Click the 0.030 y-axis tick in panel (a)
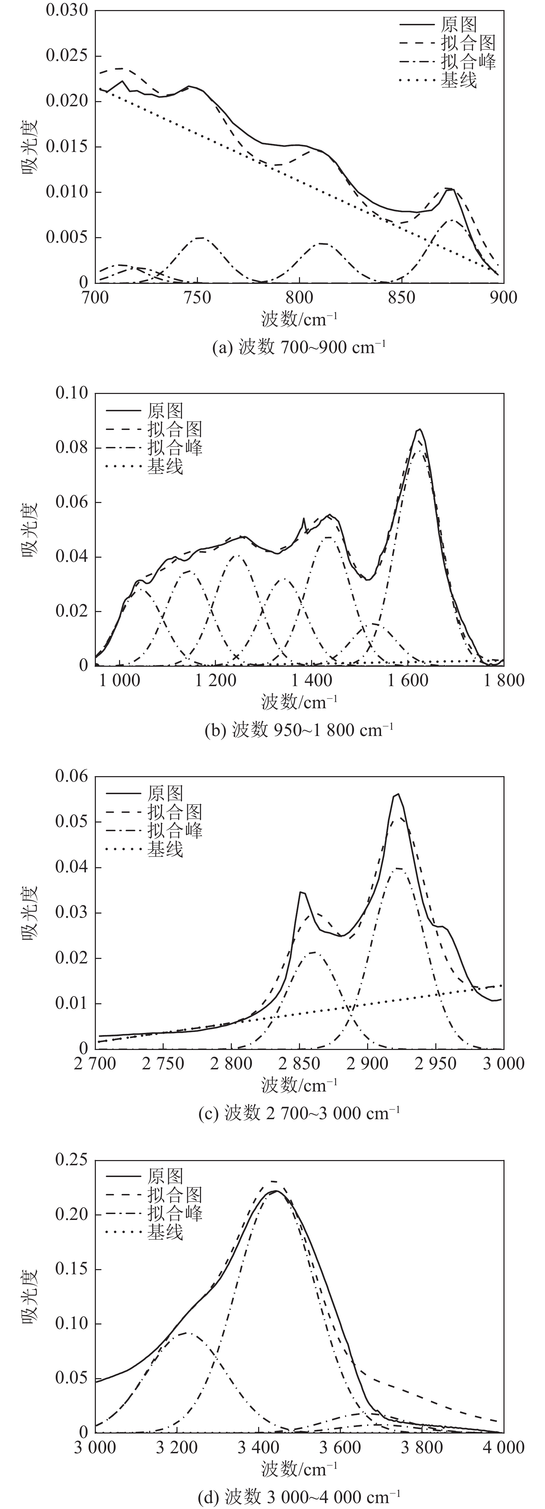click(x=67, y=10)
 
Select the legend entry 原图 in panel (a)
click(x=458, y=25)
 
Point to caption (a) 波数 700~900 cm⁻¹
click(x=299, y=347)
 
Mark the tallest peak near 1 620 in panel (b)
click(x=419, y=429)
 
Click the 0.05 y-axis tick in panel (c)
click(x=71, y=822)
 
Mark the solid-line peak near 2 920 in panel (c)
click(x=398, y=794)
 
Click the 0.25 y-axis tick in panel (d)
click(x=71, y=1160)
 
